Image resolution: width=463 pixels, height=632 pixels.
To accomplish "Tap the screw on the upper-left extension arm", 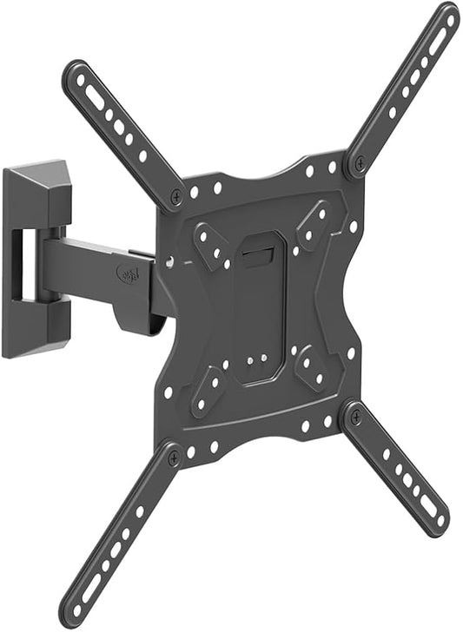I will click(x=177, y=198).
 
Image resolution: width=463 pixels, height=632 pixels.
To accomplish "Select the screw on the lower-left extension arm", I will click(x=174, y=457).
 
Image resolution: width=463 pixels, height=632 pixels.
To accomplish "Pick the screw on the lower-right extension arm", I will click(x=353, y=416).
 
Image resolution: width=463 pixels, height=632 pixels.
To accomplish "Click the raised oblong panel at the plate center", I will click(x=258, y=304).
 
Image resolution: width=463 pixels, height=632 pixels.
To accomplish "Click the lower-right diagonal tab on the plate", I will click(x=312, y=366).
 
